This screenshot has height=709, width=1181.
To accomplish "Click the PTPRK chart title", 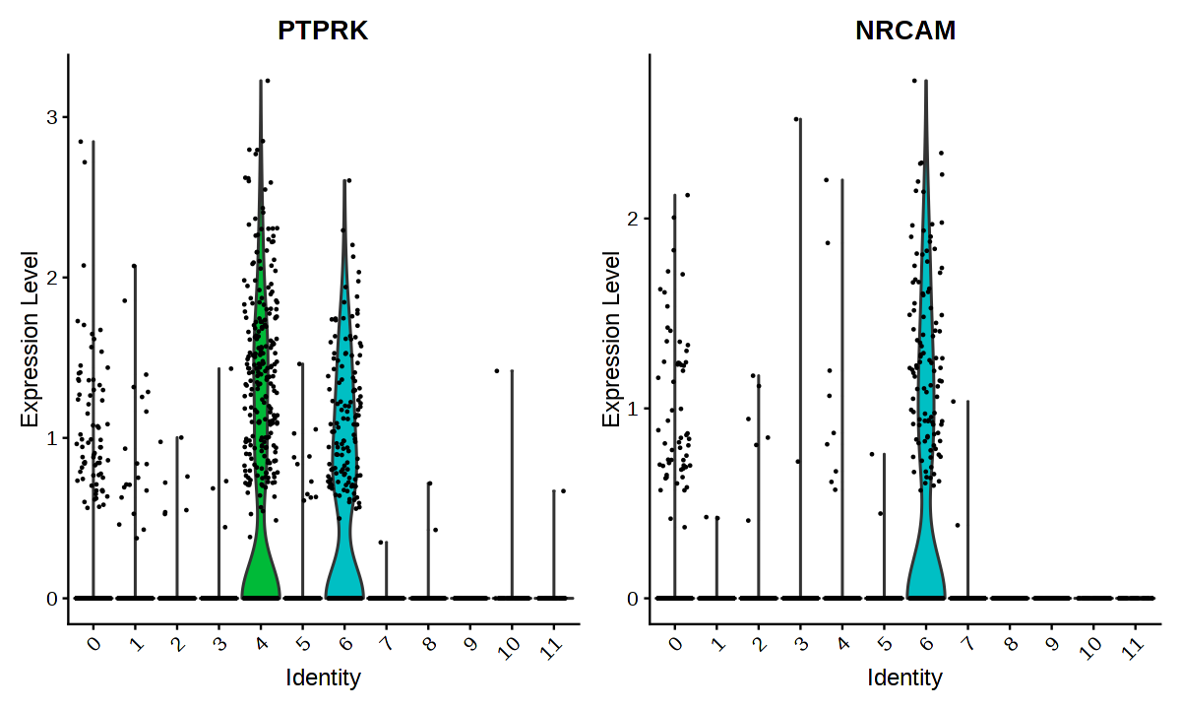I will (x=323, y=31).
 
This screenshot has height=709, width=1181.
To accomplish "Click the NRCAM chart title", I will (x=905, y=31).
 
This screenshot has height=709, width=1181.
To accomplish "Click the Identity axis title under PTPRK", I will (x=323, y=677).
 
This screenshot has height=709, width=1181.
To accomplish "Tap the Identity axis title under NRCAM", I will (x=905, y=677).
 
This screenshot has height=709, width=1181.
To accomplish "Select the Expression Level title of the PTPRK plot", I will (x=30, y=339).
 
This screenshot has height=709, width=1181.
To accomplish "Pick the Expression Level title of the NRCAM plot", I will (x=612, y=339).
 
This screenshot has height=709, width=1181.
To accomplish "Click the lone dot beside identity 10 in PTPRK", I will (x=497, y=370).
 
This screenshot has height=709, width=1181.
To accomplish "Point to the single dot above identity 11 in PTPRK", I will (x=563, y=490).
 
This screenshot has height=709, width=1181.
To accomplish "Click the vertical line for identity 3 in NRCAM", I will (x=800, y=394).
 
